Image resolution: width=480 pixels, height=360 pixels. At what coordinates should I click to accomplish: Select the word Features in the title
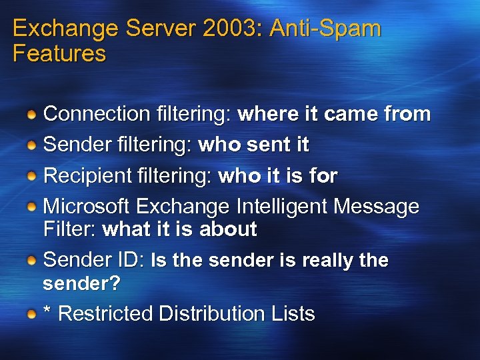59,53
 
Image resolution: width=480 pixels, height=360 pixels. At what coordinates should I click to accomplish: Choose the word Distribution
204,313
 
